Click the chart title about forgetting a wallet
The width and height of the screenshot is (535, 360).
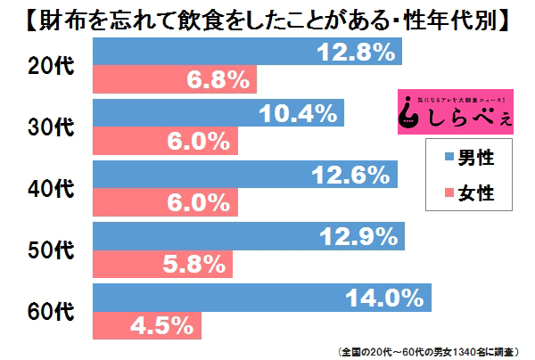point(267,18)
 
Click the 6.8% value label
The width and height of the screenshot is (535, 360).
point(217,81)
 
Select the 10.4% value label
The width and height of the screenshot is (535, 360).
point(300,113)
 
